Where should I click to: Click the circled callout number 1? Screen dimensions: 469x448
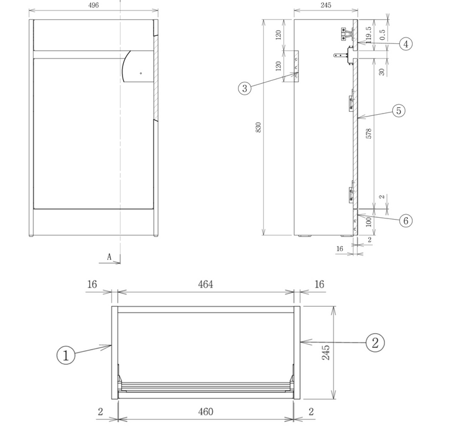pos(66,355)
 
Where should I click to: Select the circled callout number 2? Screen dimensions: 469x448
pos(375,343)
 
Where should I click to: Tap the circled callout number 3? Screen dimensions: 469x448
pos(244,88)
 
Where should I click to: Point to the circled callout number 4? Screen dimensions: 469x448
pos(406,44)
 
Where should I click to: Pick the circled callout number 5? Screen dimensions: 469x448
pos(399,111)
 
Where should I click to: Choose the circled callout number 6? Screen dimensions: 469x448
pos(406,221)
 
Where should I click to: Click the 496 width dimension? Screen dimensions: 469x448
pos(94,5)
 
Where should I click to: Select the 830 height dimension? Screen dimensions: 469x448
pos(259,127)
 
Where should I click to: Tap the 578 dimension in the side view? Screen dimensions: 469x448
pos(369,134)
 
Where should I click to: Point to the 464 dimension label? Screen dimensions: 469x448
pos(206,284)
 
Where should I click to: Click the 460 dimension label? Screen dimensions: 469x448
pos(206,412)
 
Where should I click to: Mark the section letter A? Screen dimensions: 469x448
pos(110,257)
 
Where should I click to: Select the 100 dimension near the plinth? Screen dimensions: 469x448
pos(369,222)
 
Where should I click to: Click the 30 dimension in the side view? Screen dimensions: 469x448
pos(382,71)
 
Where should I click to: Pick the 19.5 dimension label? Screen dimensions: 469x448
pos(369,34)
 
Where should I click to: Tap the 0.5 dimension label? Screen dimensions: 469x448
pos(383,35)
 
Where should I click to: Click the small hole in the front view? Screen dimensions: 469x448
pos(141,73)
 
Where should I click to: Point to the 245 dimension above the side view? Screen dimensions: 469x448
pos(326,5)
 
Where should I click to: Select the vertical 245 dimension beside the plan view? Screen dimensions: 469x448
pos(326,353)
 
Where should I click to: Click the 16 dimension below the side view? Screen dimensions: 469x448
pos(340,249)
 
